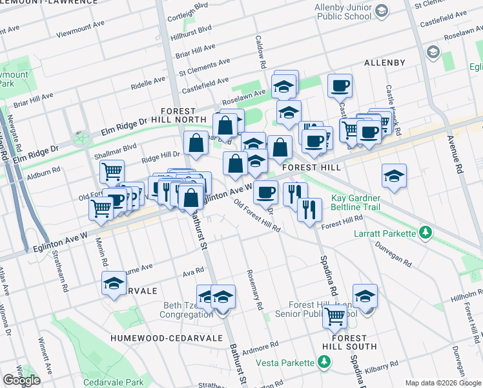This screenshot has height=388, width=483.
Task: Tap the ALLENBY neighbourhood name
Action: click(x=384, y=63)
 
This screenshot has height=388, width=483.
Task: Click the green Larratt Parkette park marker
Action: click(x=425, y=232)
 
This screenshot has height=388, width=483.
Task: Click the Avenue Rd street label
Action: click(x=459, y=159)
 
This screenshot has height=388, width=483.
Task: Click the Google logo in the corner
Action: click(x=21, y=380)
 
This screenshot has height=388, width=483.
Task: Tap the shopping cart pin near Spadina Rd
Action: click(x=334, y=316)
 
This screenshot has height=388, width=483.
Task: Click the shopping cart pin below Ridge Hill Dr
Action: click(x=112, y=171)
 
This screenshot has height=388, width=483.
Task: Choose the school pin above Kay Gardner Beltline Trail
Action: click(x=393, y=175)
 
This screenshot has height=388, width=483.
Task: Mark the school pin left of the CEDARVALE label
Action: click(x=114, y=283)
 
